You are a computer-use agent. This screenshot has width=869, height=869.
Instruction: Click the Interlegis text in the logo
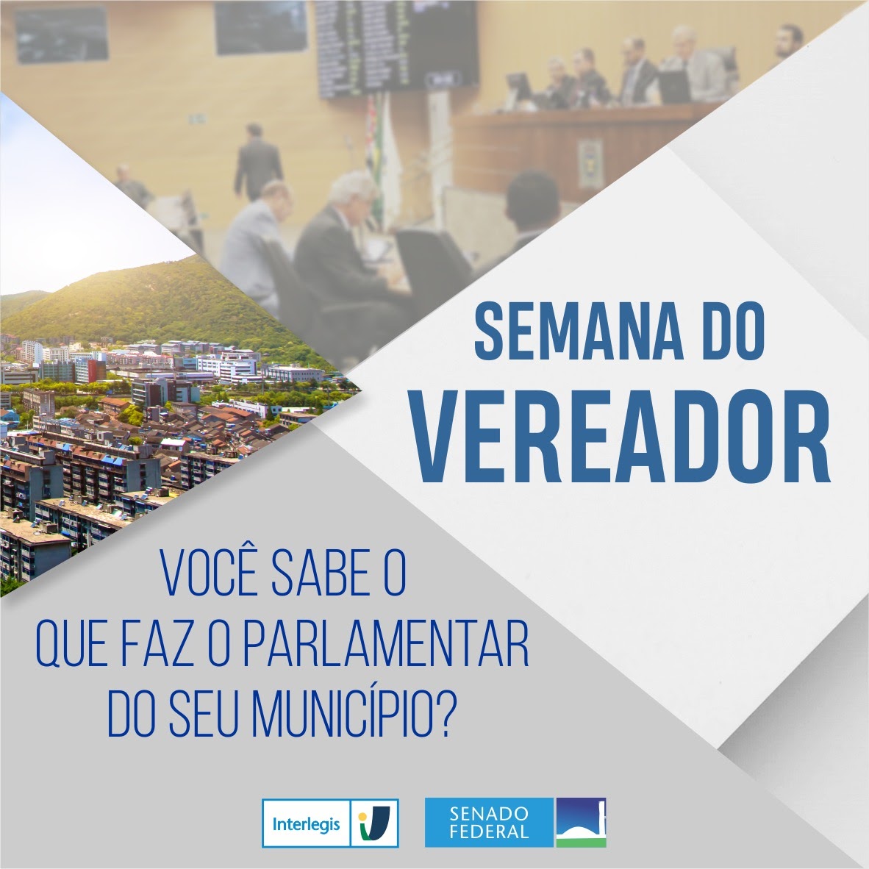(306, 823)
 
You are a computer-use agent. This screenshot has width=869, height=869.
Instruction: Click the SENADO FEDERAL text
(489, 823)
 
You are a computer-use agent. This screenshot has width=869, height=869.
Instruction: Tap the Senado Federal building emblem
(581, 823)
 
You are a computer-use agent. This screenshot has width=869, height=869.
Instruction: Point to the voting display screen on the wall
(386, 44)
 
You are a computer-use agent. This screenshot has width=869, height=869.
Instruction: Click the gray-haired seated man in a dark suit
(338, 235)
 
